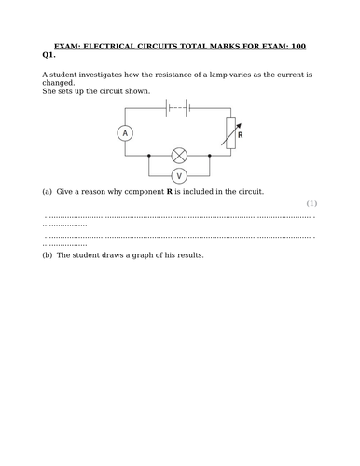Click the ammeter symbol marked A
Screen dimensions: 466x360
(126, 134)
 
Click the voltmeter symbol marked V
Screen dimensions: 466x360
(180, 175)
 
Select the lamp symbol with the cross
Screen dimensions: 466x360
(180, 155)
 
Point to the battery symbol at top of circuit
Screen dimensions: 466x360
(177, 107)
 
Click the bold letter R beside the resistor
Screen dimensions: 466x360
(240, 135)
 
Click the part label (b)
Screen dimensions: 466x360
(48, 254)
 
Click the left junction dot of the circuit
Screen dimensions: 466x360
(150, 155)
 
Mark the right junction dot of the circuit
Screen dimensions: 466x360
(210, 155)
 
